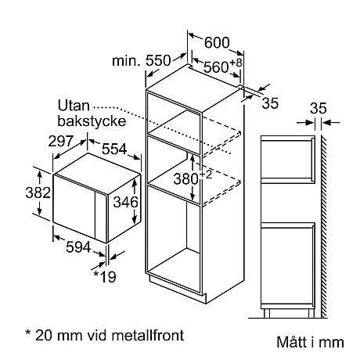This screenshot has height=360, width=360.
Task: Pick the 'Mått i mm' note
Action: pos(310,342)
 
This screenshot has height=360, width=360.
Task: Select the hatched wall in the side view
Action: pos(322,219)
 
